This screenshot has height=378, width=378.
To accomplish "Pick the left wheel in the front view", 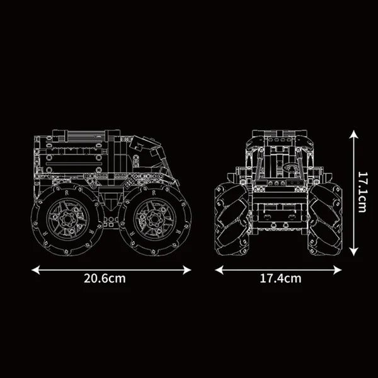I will [x=231, y=218].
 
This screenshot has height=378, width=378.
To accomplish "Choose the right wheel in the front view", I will [x=326, y=218].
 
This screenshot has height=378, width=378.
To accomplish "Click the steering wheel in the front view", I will [x=290, y=169].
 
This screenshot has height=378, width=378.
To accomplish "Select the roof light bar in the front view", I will [x=278, y=134].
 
